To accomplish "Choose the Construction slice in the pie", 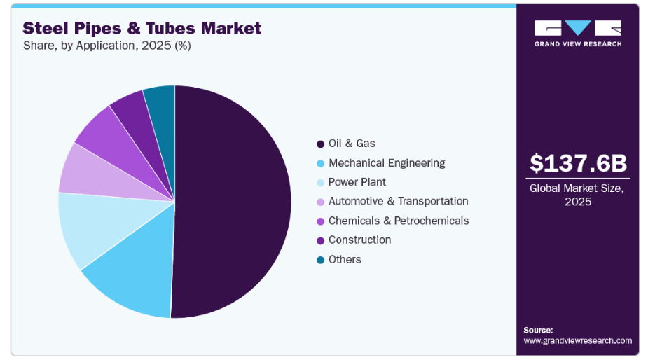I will point(131,109).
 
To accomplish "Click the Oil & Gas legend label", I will point(352,144).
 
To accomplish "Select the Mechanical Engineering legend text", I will point(386,163).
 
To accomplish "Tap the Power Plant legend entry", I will point(357,182).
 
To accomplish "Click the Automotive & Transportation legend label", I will point(398,201).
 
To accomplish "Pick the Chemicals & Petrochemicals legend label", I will point(398,221).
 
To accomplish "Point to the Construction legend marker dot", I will point(320,240).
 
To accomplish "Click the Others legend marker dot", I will point(320,260).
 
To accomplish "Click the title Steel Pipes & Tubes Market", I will point(142,28).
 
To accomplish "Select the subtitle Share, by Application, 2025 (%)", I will point(106,46).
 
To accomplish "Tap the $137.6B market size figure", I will point(578,162).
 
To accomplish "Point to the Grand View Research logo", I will point(578,33).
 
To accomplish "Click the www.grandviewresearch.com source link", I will point(577,340).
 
